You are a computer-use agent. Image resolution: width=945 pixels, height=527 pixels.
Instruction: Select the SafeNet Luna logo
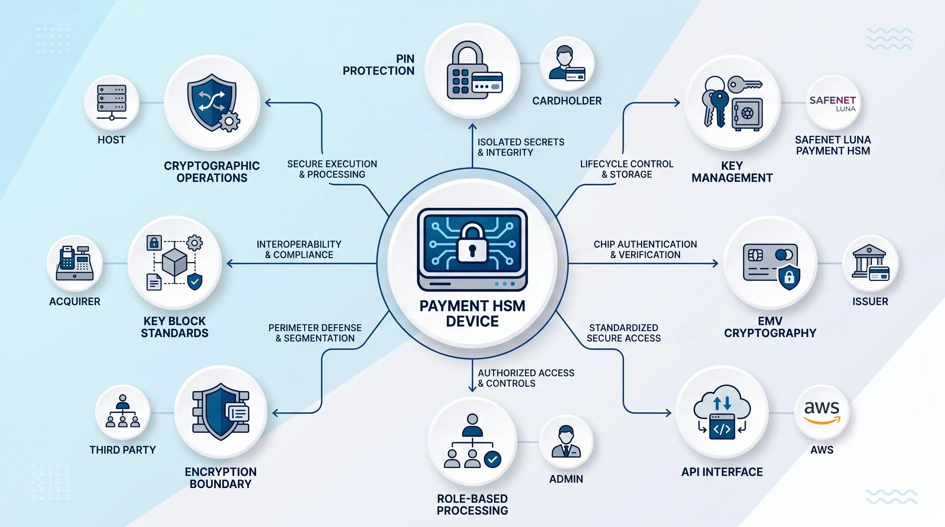[833, 104]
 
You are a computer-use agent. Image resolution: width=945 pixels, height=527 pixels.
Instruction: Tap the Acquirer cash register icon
[75, 263]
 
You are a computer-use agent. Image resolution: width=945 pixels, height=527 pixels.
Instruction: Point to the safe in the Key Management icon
[747, 114]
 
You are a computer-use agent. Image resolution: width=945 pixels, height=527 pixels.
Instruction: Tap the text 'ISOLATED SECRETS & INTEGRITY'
[521, 147]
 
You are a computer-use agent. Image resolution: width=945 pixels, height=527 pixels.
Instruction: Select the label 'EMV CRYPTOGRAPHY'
[770, 327]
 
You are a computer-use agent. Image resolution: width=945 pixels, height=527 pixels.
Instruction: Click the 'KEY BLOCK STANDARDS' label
[175, 327]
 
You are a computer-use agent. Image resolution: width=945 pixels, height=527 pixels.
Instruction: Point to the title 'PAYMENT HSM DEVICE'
[473, 313]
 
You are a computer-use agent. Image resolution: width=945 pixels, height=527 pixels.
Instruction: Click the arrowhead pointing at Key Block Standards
[230, 263]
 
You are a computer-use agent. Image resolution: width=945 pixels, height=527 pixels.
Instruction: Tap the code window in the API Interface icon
[722, 426]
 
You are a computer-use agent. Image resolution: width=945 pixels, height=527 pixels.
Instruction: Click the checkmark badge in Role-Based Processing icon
[492, 459]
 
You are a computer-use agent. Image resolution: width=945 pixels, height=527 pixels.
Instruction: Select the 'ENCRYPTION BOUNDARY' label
[220, 478]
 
